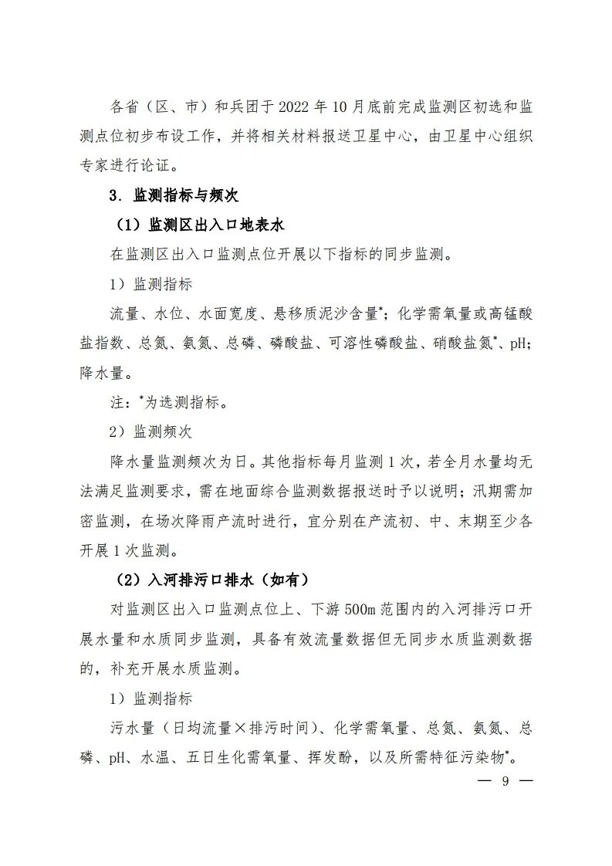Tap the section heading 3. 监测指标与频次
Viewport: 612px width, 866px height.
(174, 195)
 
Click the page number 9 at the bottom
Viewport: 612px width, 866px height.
(505, 780)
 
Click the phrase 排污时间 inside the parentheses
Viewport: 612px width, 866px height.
(281, 727)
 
